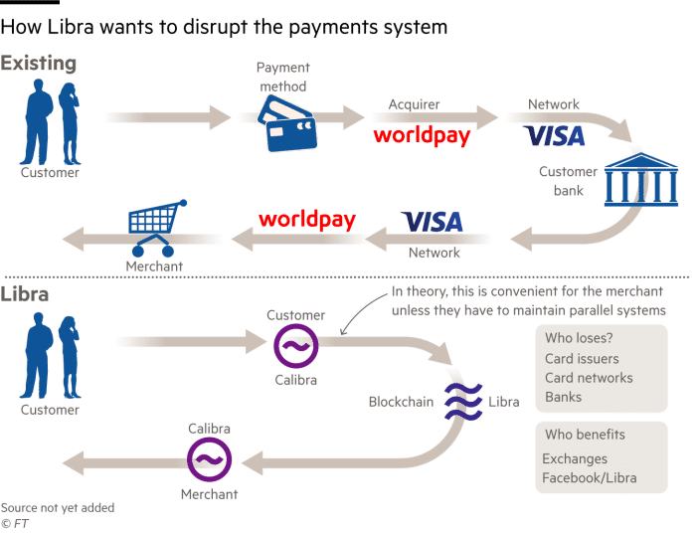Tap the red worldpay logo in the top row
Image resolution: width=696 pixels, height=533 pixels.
pos(421,136)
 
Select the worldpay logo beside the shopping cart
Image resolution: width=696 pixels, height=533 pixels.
pos(306,219)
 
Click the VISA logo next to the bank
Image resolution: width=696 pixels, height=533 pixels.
pos(555,135)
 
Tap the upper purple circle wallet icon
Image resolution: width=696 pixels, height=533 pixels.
pos(295,344)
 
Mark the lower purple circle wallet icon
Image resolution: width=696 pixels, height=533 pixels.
pos(210,459)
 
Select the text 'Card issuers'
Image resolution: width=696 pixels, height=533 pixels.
pos(582,359)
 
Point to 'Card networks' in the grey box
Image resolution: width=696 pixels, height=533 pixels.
pos(589,378)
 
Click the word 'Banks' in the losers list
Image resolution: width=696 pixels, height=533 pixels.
pos(564,397)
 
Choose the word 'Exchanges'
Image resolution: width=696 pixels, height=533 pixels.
pos(575,459)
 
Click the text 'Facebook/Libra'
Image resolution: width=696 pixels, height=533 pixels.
pos(590,478)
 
